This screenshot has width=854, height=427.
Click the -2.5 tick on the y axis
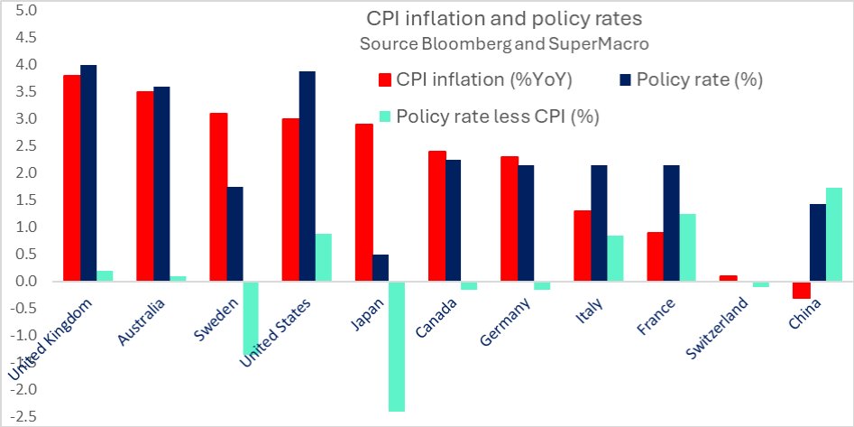tap(23, 416)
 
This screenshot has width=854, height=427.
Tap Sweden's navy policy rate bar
tap(234, 234)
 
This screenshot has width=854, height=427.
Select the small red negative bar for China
tap(800, 290)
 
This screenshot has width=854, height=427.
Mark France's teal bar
tap(688, 247)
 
